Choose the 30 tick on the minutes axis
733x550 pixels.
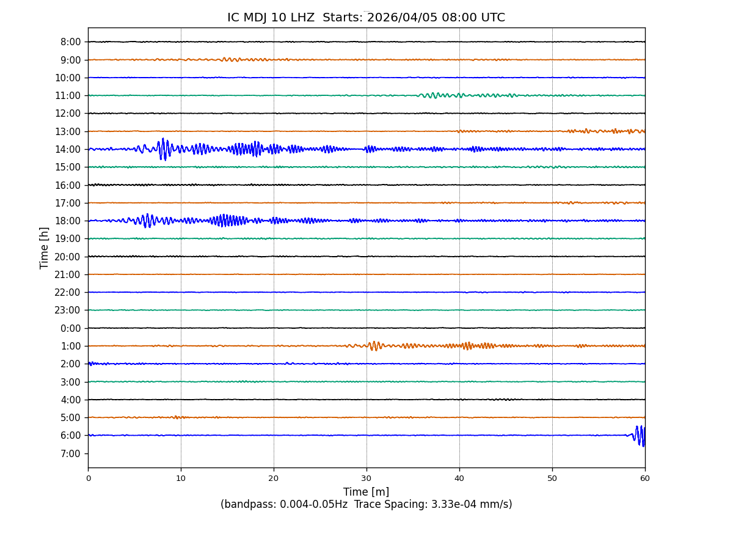point(366,479)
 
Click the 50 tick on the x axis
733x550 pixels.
point(552,479)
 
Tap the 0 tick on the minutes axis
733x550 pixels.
point(88,479)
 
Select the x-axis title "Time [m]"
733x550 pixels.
point(366,492)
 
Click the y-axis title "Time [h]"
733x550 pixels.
point(45,248)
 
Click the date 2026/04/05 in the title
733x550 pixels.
point(403,18)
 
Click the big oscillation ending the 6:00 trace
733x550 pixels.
point(641,436)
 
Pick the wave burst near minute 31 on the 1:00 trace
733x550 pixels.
point(374,346)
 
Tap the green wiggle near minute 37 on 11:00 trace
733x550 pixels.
point(433,95)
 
